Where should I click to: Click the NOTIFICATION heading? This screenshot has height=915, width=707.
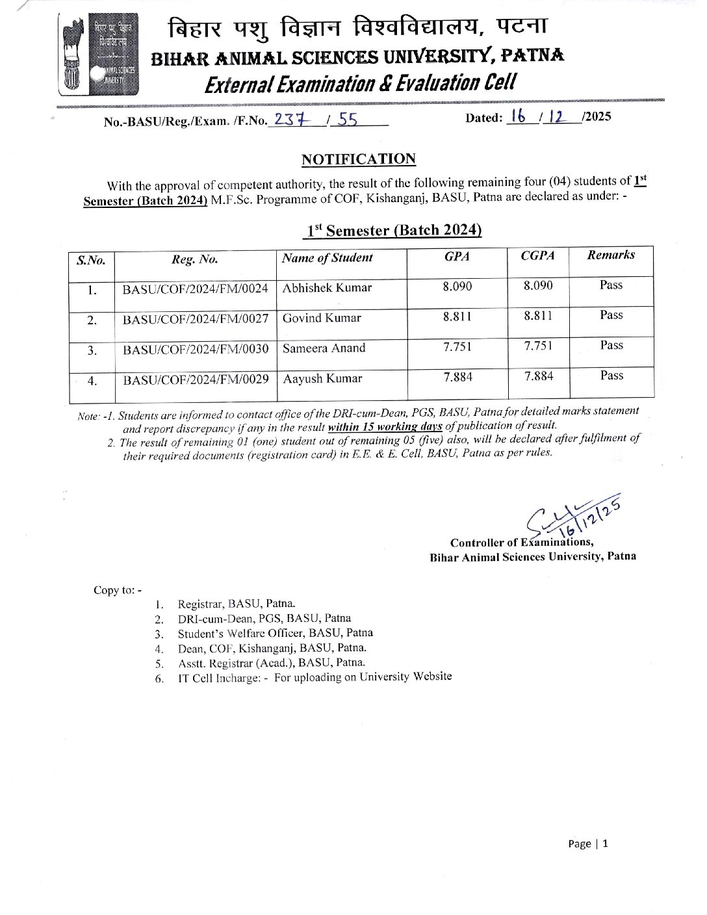click(358, 159)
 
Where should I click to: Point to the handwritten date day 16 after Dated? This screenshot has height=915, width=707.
click(519, 117)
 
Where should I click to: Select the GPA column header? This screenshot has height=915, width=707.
click(457, 257)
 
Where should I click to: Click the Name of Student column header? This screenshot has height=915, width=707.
click(327, 258)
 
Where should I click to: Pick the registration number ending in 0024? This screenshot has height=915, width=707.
click(195, 289)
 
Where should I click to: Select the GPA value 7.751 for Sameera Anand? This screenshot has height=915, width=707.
click(457, 346)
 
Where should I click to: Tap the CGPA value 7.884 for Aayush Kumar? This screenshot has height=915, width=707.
click(539, 376)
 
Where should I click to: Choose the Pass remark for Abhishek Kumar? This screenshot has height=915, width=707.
click(611, 285)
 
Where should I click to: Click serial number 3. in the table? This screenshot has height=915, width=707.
click(92, 350)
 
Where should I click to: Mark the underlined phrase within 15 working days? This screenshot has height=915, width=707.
click(385, 426)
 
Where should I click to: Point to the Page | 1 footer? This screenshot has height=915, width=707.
click(588, 844)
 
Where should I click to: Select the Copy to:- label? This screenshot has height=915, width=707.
click(117, 590)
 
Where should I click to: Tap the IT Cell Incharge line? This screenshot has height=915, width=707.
click(315, 677)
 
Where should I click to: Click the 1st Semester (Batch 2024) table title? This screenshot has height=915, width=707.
click(394, 230)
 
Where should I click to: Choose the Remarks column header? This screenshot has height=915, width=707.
click(610, 255)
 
